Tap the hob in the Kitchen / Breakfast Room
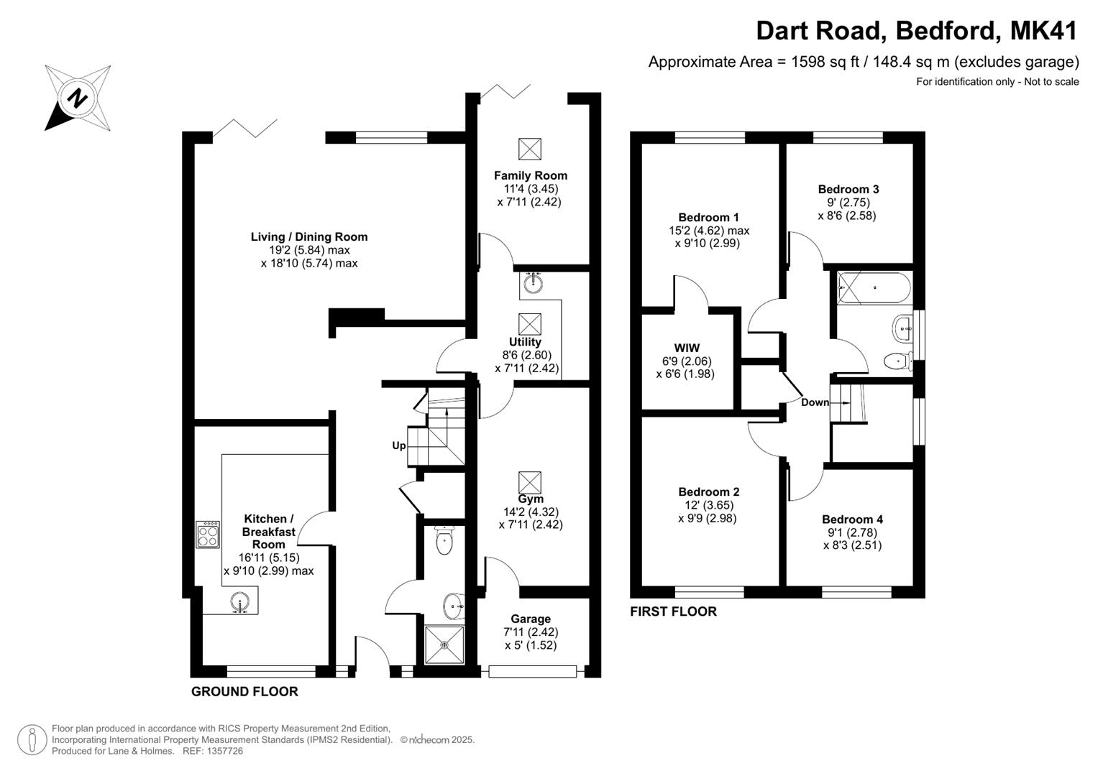(208, 535)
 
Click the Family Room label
(530, 175)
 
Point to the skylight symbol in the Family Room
(529, 149)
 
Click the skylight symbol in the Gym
(529, 482)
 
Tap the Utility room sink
(533, 282)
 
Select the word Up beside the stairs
(398, 445)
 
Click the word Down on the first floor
(815, 402)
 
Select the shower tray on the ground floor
(444, 645)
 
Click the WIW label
(687, 348)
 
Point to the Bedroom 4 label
(852, 519)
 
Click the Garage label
(531, 619)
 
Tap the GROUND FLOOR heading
(244, 692)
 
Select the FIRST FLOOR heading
(673, 611)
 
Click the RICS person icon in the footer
(32, 740)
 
